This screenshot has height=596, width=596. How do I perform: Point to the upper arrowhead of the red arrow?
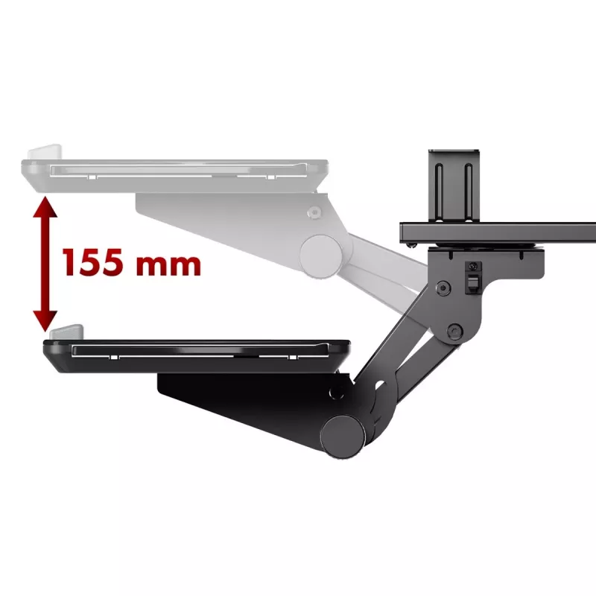pyautogui.click(x=45, y=207)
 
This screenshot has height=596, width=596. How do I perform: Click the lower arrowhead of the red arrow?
pyautogui.click(x=45, y=321)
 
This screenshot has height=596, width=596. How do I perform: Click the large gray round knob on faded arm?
pyautogui.click(x=321, y=256)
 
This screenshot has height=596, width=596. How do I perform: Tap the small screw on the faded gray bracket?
pyautogui.click(x=314, y=212)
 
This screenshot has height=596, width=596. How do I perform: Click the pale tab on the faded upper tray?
pyautogui.click(x=45, y=152)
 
